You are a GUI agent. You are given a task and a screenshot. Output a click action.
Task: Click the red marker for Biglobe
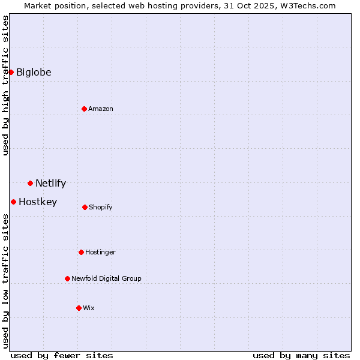pos(11,72)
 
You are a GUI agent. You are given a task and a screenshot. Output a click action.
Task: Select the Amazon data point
pos(84,109)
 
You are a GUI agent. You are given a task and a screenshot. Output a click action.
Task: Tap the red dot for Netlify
pos(30,183)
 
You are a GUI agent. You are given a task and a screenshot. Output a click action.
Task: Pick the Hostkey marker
pos(13,202)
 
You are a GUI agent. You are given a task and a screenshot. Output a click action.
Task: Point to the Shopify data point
pos(85,207)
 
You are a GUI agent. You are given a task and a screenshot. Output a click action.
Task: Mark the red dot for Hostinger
pos(81,252)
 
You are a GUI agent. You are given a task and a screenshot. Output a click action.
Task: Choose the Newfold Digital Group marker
pos(67,278)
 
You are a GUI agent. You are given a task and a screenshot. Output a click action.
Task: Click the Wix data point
pos(79,308)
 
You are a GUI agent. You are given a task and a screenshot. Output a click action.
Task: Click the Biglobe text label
pos(34,73)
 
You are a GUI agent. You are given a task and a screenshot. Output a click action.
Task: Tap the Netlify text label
pos(50,184)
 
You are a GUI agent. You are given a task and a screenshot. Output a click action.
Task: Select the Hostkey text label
pos(38,202)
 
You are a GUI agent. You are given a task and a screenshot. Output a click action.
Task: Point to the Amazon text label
pos(101,109)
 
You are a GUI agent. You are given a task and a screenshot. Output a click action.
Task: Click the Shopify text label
pos(101,208)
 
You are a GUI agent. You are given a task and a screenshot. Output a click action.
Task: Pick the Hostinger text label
pos(100,253)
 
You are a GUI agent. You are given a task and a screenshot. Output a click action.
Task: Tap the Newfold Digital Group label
pos(106,279)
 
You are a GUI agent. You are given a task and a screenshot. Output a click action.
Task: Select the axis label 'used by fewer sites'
pos(62,356)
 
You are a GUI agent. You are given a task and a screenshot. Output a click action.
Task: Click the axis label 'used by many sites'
pos(301,356)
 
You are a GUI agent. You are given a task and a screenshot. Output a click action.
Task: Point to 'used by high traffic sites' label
pos(5,85)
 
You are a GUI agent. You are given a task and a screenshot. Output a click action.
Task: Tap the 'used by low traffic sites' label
pos(5,281)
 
